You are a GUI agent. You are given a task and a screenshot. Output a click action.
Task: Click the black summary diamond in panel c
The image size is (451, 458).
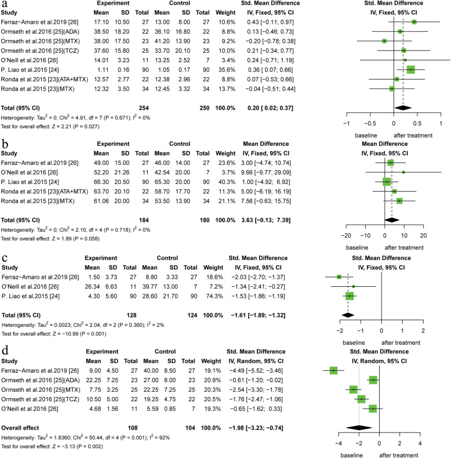pyautogui.click(x=348, y=315)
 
